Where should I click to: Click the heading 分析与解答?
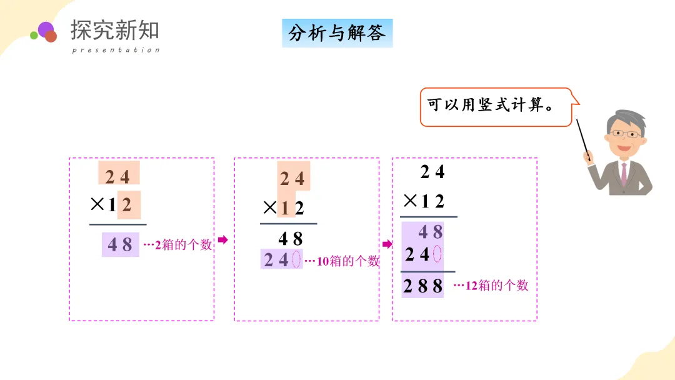tap(337, 33)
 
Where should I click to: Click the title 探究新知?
tap(115, 30)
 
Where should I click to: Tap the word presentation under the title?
tap(116, 50)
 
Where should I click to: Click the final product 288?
tap(423, 286)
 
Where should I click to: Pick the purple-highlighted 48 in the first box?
tap(120, 244)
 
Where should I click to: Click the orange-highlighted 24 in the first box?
tap(118, 177)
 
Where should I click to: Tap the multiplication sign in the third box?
tap(410, 201)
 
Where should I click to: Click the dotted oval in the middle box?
tap(296, 259)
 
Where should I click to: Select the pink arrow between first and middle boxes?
tap(223, 239)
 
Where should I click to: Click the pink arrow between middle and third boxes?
tap(387, 244)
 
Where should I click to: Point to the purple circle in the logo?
tap(46, 29)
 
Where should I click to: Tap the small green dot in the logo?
tap(34, 36)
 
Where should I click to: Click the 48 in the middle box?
tap(291, 238)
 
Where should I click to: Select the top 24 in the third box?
tap(432, 171)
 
